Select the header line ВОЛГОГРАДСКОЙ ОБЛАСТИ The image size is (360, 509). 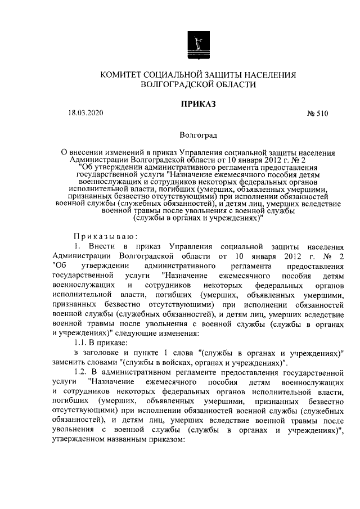click(191, 85)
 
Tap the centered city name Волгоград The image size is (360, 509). click(198, 135)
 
